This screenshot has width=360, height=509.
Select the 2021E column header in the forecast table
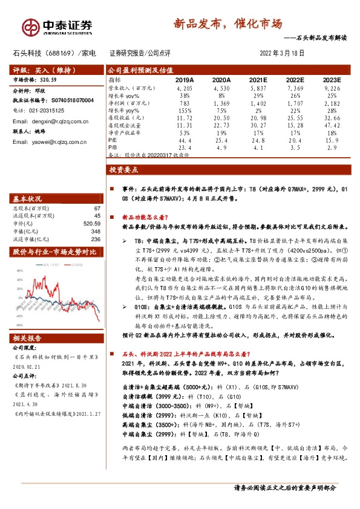258,80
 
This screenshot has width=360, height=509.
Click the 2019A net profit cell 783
185,103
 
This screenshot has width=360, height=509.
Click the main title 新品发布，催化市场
227,24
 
